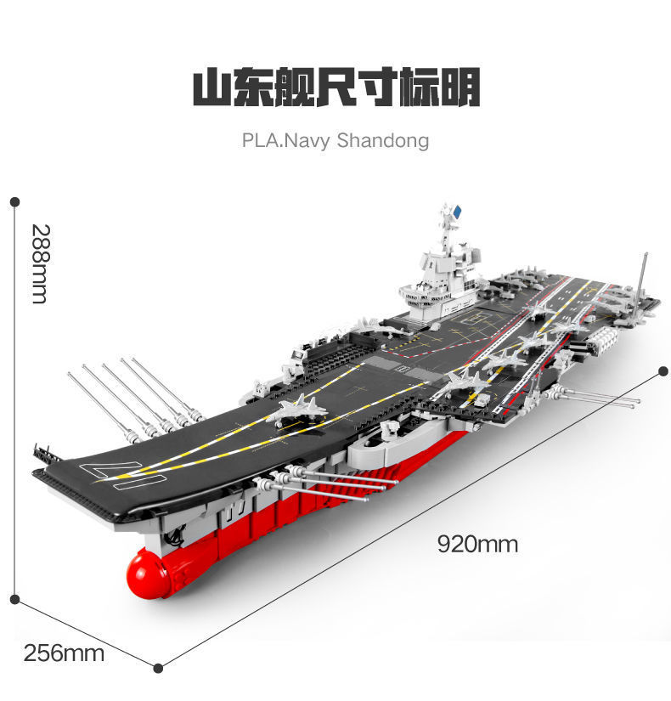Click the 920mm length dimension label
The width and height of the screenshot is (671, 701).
coord(477,544)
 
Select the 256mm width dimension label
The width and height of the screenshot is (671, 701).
coord(64,653)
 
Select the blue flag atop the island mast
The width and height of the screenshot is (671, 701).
coord(458,212)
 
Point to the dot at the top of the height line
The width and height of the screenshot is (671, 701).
coord(14,202)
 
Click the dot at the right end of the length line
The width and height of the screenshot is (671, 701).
coord(663,372)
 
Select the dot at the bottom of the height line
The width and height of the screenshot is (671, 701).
coord(14,600)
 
